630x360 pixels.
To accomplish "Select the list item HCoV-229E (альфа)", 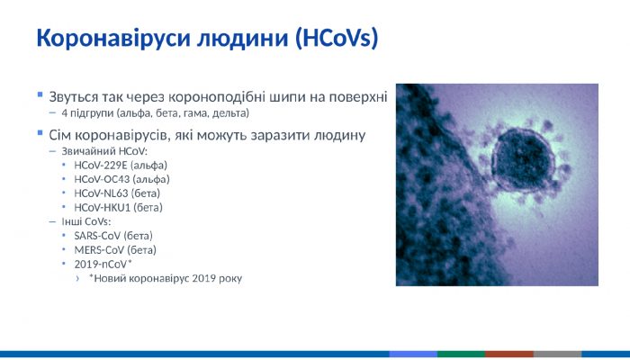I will [121, 165].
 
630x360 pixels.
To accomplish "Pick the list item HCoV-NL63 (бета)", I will [118, 193].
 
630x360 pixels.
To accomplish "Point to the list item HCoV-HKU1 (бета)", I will [118, 207].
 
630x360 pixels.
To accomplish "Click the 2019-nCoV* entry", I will [103, 264].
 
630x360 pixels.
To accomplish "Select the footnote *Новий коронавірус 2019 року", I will [165, 278].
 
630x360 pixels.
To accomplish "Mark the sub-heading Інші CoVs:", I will [86, 221].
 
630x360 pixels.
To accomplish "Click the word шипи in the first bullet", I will [285, 95].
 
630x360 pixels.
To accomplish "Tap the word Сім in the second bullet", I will [64, 135].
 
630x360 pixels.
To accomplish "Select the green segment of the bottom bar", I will [461, 355].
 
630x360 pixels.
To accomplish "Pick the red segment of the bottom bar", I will [509, 355].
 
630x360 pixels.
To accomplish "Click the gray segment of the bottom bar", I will [557, 355].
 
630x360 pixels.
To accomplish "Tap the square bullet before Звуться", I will [40, 94].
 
